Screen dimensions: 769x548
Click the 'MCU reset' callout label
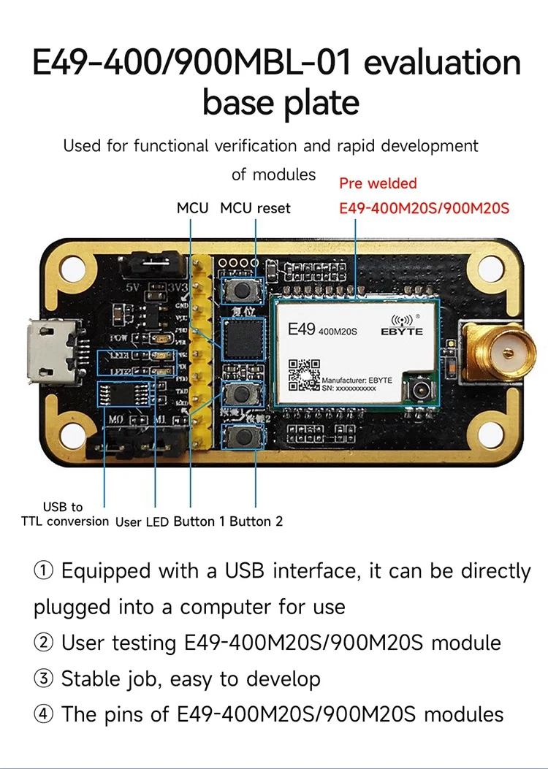pos(255,208)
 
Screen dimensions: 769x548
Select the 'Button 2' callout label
pos(256,521)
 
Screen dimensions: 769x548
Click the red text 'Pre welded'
pos(378,183)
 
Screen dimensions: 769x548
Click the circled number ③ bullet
pos(43,679)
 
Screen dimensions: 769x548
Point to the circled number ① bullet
pos(43,570)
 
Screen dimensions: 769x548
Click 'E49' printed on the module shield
pos(301,329)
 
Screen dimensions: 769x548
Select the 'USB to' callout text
pos(63,506)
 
